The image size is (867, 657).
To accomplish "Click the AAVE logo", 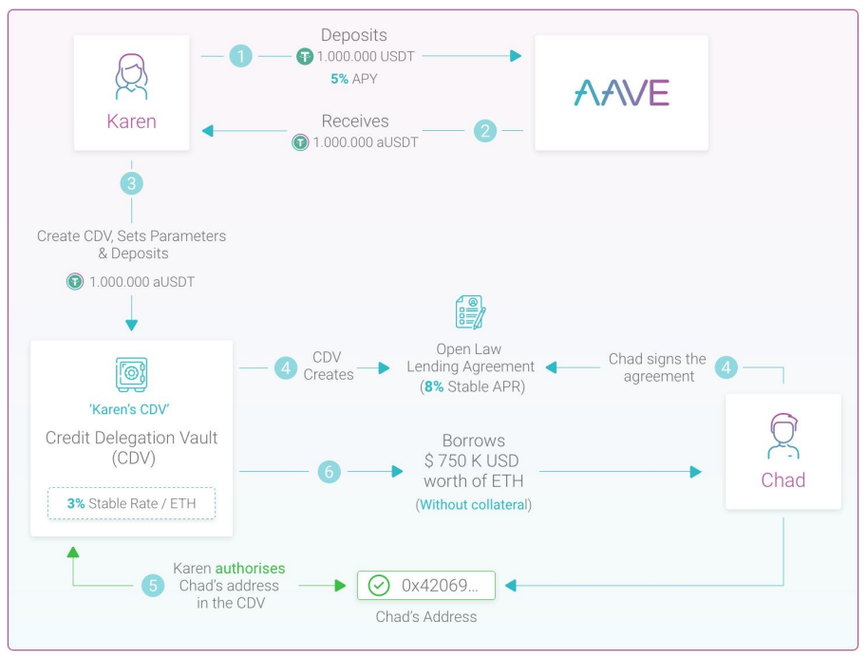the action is [621, 92].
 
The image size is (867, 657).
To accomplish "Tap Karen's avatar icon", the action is [132, 76].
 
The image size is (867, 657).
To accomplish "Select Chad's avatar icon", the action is [782, 437].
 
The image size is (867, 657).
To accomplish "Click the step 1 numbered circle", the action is [240, 56].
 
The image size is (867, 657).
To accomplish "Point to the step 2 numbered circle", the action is [485, 131].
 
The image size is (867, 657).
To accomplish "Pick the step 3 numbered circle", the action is [132, 183].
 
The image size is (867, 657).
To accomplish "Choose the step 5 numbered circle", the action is [153, 586].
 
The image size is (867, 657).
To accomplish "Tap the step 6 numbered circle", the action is [329, 472].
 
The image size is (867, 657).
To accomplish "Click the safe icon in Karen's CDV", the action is [131, 374].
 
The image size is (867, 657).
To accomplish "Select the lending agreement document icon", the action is [471, 312].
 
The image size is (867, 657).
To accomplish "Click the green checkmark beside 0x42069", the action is [379, 585].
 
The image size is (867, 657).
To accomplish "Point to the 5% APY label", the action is [354, 79].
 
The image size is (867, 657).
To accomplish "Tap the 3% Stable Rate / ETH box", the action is [132, 503].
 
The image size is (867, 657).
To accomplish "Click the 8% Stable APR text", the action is [472, 386].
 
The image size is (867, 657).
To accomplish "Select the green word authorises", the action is [250, 568].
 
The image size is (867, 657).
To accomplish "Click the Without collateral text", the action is [473, 504].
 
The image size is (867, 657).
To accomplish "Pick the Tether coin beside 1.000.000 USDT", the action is [305, 56].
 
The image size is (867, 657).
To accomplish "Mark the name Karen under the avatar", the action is [132, 122].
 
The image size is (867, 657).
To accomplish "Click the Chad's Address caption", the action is [426, 616].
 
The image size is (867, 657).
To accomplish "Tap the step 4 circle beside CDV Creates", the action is [286, 367].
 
